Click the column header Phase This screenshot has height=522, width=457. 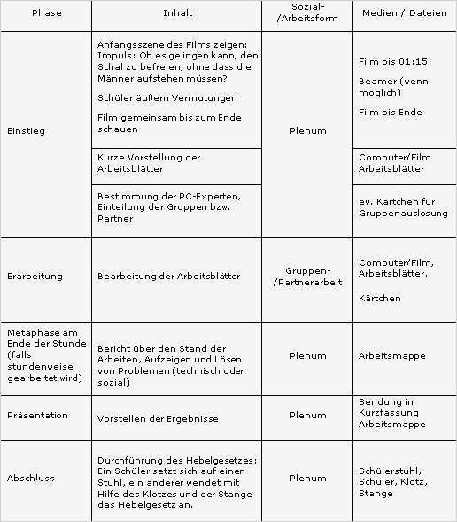click(46, 14)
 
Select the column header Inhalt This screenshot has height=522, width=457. click(177, 14)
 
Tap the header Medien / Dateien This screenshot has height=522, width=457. click(404, 14)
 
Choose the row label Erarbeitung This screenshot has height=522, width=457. click(35, 277)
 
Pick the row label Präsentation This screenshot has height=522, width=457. click(37, 415)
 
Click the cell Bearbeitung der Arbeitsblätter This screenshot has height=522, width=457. click(168, 277)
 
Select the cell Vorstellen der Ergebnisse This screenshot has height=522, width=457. click(158, 418)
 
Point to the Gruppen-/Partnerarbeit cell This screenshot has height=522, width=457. click(307, 277)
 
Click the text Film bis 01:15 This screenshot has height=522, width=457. click(392, 62)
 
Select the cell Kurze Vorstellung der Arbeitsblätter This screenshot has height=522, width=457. click(149, 163)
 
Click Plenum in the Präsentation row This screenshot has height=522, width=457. click(307, 415)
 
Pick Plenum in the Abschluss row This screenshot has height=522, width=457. click(307, 479)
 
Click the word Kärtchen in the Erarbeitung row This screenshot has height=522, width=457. click(379, 299)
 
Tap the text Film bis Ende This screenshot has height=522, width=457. click(390, 113)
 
